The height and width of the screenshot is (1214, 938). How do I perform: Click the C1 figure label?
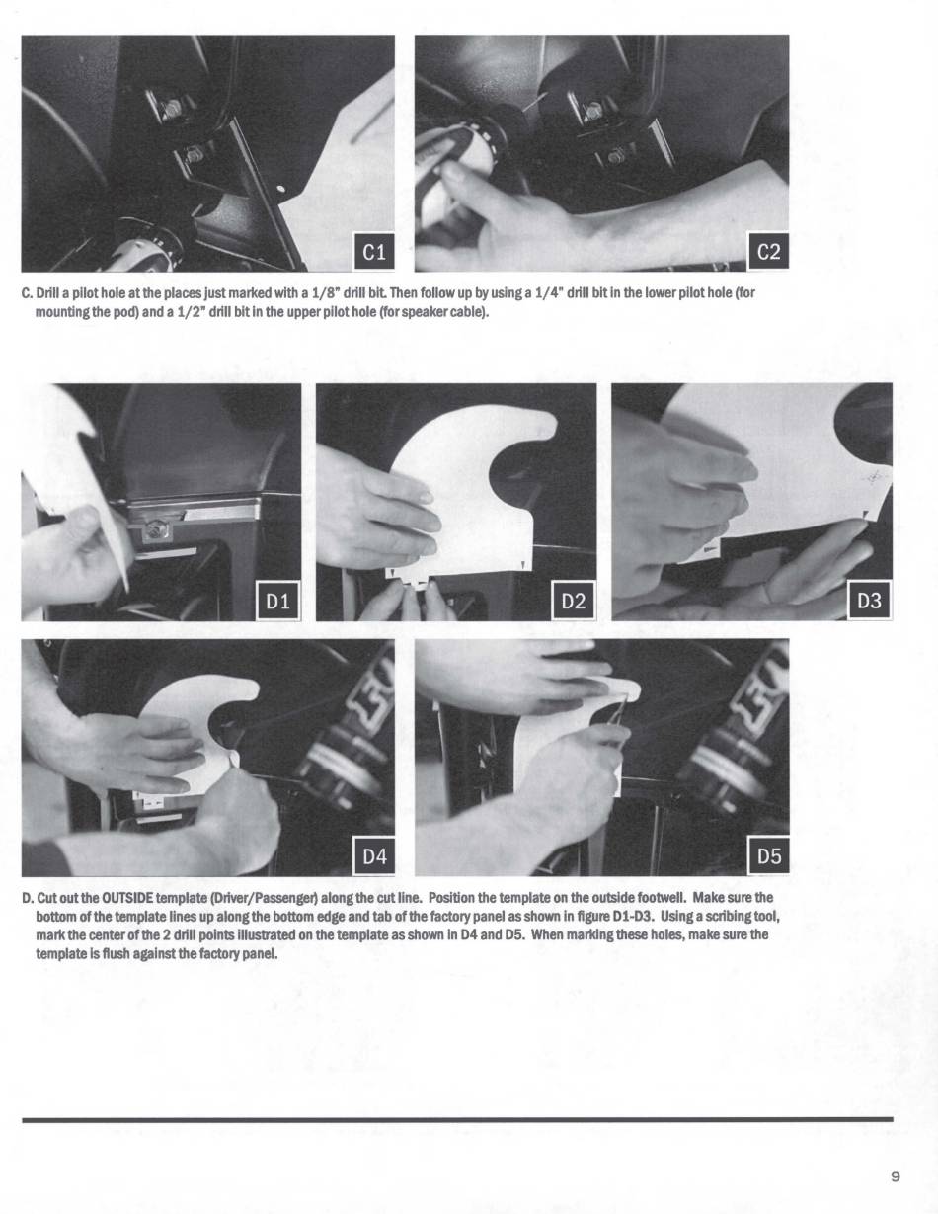coord(374,252)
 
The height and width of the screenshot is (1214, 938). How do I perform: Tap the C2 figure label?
coord(768,252)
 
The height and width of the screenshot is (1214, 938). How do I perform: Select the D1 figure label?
coord(277,601)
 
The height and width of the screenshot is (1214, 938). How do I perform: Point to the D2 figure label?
coord(574,601)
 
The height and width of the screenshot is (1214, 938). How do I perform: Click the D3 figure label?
coord(869,601)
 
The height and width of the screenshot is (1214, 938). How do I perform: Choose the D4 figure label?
coord(374,855)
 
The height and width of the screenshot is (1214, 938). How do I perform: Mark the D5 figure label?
coord(768,855)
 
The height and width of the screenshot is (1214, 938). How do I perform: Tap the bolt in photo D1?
coord(157,526)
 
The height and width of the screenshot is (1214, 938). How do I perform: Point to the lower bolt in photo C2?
coord(616,155)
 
